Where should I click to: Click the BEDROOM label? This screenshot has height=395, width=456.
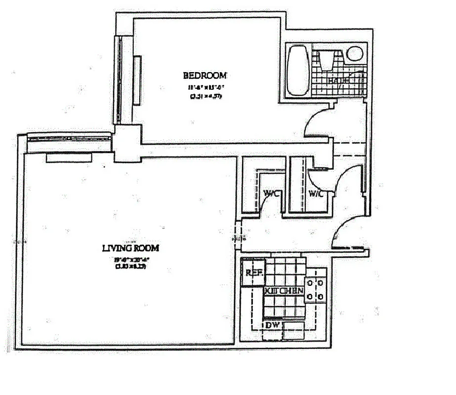tap(205, 76)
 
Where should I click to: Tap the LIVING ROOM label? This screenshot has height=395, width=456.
tap(130, 248)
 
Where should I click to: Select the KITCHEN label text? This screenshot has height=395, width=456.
tap(284, 291)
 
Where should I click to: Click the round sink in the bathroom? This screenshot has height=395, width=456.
tap(355, 53)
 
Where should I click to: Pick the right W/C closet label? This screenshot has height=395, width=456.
tap(316, 194)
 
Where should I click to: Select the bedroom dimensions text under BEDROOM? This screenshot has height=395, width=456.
tap(205, 91)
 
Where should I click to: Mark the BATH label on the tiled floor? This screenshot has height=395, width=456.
tap(339, 79)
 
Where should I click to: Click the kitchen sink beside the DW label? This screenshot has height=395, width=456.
tap(295, 331)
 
